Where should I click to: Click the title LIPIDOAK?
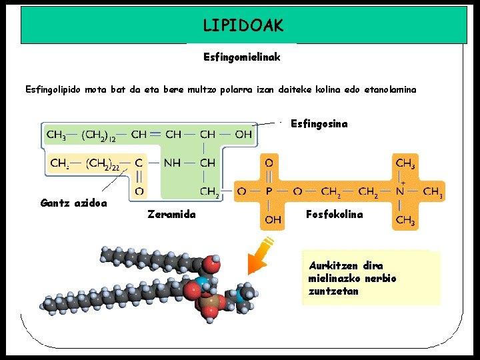[243, 26]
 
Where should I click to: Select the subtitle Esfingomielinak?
[241, 57]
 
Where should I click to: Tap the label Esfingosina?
[319, 124]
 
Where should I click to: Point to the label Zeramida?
[171, 215]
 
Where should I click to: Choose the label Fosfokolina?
[335, 215]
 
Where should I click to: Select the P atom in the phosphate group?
[269, 191]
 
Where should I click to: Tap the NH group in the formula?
[172, 162]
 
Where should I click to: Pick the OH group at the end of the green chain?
[243, 135]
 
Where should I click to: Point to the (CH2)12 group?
[99, 135]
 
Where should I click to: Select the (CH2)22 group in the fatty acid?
[103, 163]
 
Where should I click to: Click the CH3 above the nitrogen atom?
[405, 163]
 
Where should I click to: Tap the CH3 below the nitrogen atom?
[405, 219]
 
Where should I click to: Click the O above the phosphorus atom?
[269, 163]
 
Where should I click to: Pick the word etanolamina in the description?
[390, 89]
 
